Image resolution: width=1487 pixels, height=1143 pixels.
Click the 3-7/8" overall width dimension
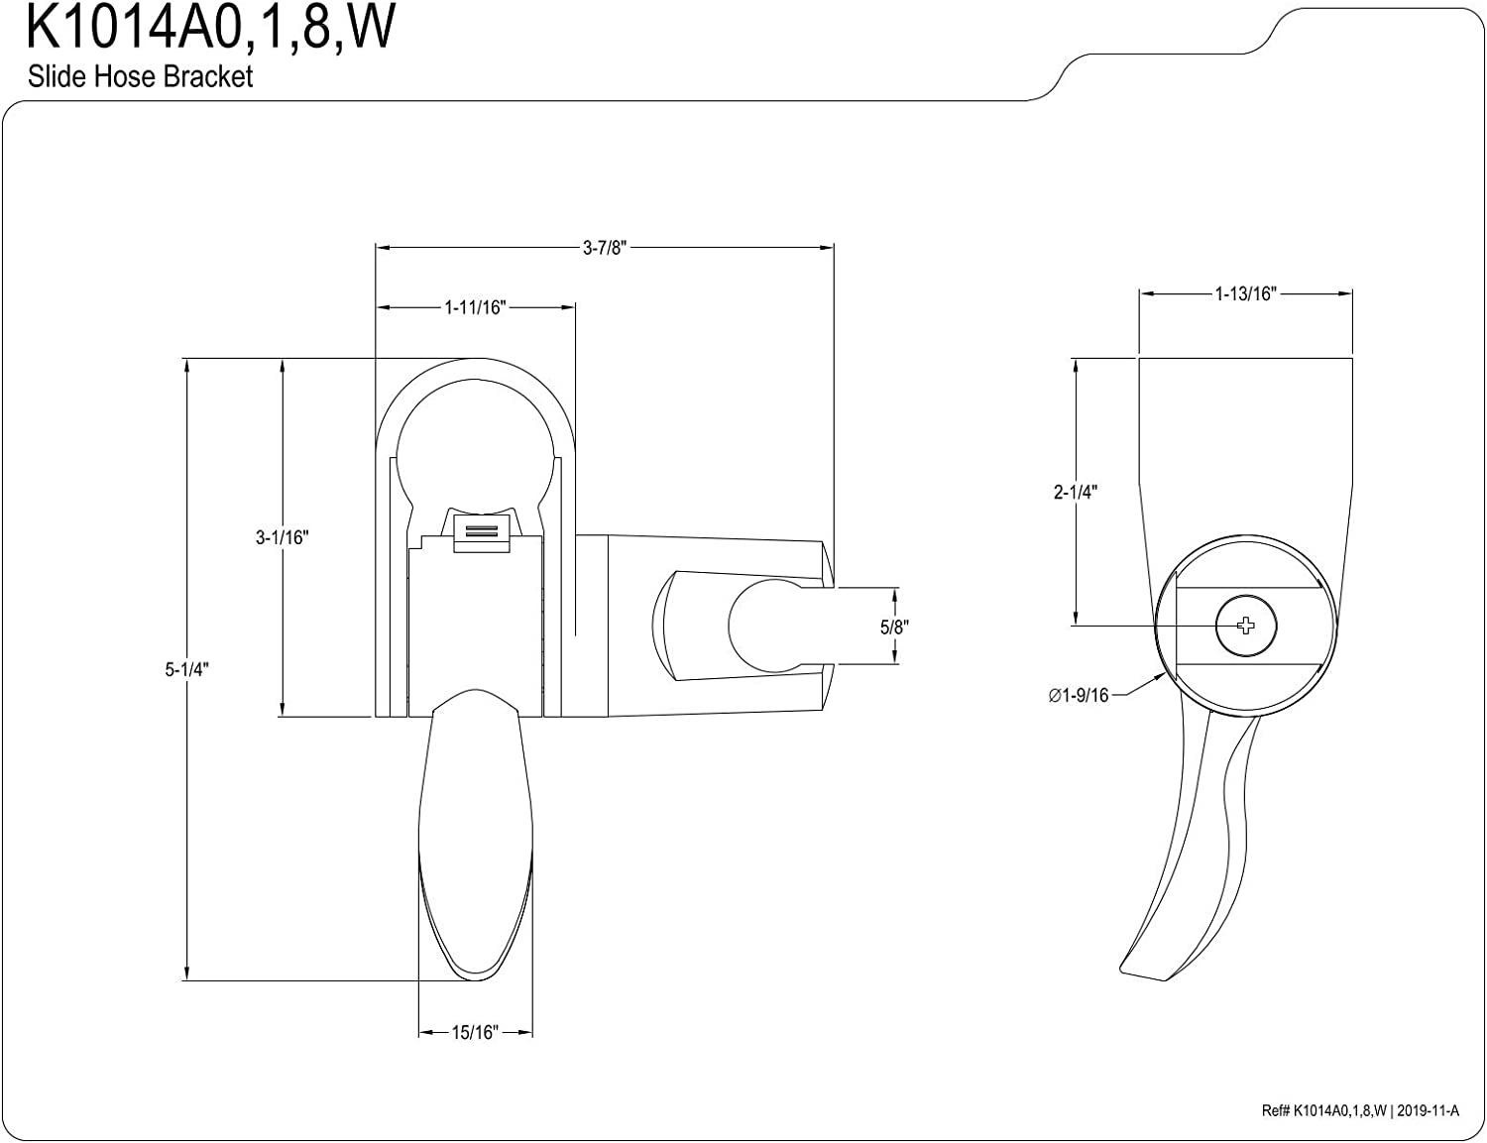(605, 248)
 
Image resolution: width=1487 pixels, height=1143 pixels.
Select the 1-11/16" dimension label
(475, 308)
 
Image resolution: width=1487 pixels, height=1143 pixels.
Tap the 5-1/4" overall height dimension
(186, 669)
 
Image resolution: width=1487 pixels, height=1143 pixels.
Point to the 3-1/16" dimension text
(282, 537)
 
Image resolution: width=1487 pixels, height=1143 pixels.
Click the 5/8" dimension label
(894, 627)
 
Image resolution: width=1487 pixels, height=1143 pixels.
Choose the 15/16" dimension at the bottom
(475, 1032)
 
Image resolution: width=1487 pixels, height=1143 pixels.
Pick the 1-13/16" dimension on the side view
(1245, 293)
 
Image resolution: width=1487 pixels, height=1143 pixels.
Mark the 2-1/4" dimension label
(1075, 492)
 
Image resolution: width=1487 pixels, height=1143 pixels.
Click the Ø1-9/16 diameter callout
(1078, 695)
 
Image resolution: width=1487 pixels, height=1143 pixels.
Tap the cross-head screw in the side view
(1246, 626)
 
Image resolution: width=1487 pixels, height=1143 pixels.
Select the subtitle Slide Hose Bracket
(141, 76)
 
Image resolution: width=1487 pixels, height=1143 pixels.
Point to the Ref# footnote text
(1360, 1110)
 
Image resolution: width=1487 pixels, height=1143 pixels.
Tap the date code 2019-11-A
(1428, 1110)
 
